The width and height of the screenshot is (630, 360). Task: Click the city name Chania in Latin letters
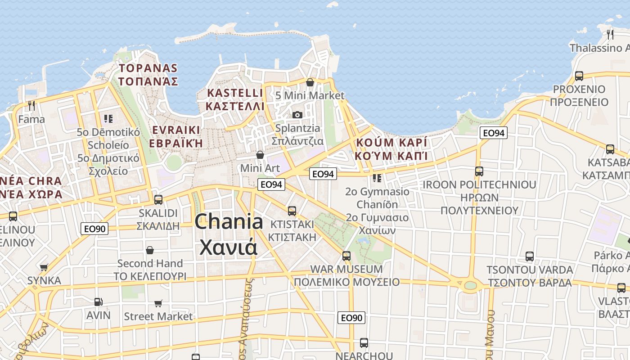(229, 222)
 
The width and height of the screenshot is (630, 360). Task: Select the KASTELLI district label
(234, 93)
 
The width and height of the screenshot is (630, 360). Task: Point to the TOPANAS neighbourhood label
(148, 68)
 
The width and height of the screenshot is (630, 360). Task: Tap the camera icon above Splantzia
(297, 115)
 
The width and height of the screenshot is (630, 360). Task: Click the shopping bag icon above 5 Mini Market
(310, 82)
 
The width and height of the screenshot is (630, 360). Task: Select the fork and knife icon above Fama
(31, 106)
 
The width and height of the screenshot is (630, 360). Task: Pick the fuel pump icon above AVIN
(98, 301)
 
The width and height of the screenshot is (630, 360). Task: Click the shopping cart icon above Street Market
(158, 303)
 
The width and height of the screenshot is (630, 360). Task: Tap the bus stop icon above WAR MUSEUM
(346, 256)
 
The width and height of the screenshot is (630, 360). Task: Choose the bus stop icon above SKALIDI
(158, 199)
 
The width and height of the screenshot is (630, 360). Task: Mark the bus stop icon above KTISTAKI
(292, 211)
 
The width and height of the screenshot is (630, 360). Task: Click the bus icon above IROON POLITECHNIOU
(479, 171)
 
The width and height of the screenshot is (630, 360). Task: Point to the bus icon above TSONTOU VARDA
(530, 256)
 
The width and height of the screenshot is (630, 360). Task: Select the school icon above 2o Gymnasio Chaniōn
(377, 178)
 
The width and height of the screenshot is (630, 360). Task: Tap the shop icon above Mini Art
(260, 155)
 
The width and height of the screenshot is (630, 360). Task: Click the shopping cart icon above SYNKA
(44, 267)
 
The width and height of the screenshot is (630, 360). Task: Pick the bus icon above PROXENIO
(579, 76)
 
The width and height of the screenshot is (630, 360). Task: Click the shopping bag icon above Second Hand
(150, 250)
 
